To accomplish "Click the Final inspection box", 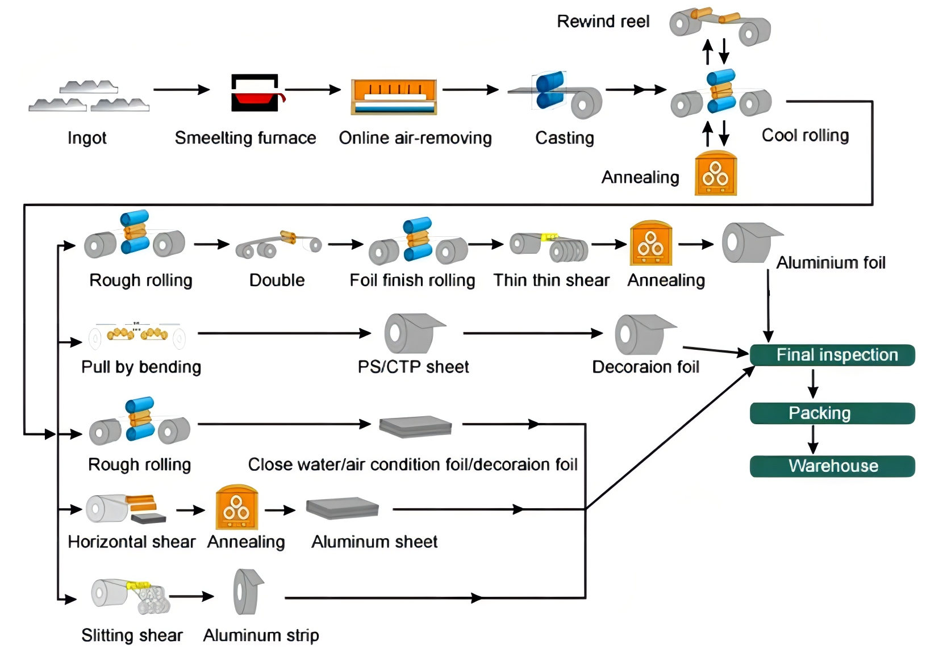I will click(832, 355).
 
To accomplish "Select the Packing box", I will click(832, 413).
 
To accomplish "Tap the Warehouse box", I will click(832, 466).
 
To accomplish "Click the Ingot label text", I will click(87, 138).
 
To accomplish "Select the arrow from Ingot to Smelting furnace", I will click(181, 90).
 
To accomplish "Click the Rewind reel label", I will click(603, 22).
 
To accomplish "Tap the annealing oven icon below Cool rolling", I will click(716, 174).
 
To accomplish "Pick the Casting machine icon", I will click(557, 94).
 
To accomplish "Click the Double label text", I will click(277, 281).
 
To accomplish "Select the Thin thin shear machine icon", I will click(549, 246).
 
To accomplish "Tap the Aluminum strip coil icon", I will click(248, 592).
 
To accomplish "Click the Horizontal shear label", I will click(131, 542).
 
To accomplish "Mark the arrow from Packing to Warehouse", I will click(813, 439).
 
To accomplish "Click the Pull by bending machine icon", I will click(137, 335).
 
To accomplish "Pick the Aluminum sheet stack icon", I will click(342, 508).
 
